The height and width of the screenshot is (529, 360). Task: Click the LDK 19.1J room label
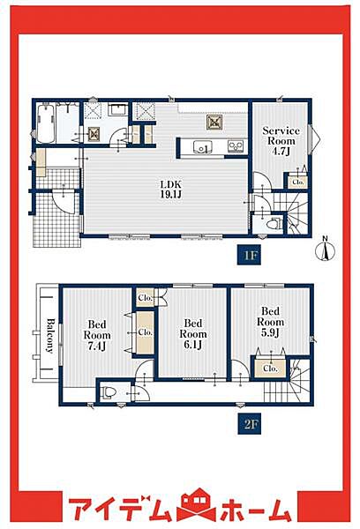coord(171,190)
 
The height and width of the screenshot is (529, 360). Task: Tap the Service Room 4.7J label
coord(281,141)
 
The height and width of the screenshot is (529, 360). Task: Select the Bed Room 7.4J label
coord(97,335)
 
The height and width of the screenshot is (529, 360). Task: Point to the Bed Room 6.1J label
coord(193,333)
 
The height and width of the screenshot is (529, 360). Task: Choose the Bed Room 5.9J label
coord(270,322)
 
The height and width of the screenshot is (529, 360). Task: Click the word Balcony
coord(50,335)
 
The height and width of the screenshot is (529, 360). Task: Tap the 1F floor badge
coord(249,256)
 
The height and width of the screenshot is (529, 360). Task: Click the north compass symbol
coord(325,250)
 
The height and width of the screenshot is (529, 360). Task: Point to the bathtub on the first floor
coord(45,123)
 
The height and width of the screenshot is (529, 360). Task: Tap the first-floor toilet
coord(274,224)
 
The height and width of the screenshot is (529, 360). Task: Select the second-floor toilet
coord(109,392)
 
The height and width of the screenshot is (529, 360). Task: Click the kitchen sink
coord(202,147)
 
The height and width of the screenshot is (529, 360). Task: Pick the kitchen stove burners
coord(236,146)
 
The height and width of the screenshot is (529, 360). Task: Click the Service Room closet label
coord(298,182)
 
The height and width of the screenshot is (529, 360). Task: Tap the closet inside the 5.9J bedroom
coord(270,369)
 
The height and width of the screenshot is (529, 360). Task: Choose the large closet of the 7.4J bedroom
coord(146,332)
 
